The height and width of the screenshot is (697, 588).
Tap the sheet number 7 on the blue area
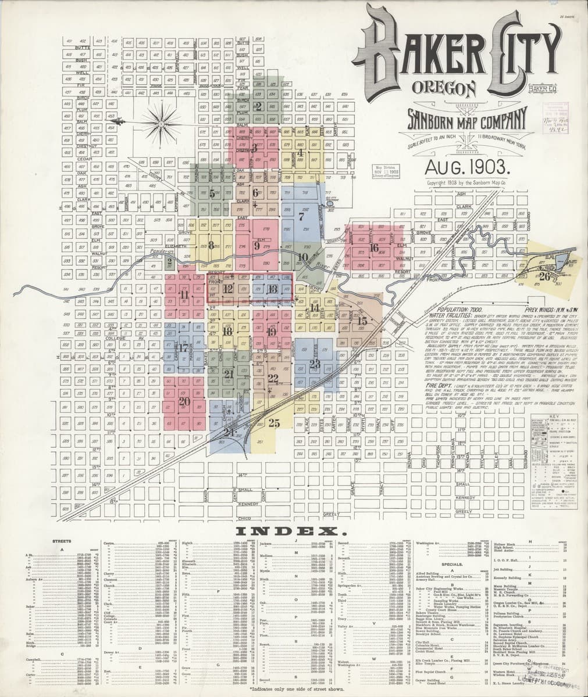coord(301,217)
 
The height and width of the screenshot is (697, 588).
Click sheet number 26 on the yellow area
coord(544,276)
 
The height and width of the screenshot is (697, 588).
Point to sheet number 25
coord(275,423)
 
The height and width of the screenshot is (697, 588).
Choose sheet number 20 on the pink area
coord(184,401)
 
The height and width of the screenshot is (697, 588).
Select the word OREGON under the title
coord(443,89)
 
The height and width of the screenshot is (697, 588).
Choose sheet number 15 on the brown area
coord(362,321)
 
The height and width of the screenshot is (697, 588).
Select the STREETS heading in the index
coord(62,541)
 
